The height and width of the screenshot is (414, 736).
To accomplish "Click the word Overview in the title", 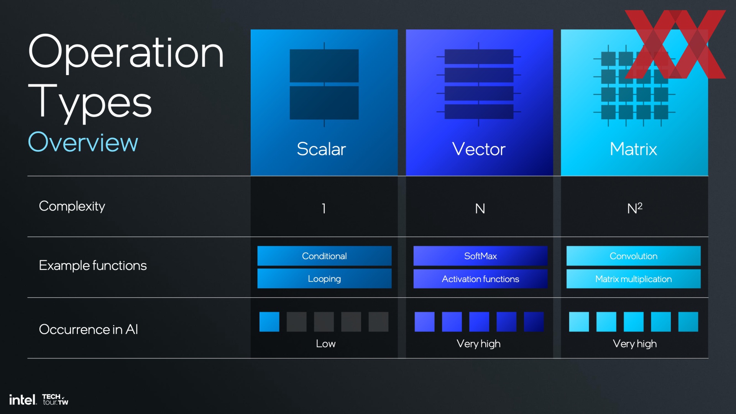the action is (x=83, y=142).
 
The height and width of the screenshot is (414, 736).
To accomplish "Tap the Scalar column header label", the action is (x=321, y=149).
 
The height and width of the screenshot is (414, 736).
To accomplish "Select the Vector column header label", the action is (x=479, y=149).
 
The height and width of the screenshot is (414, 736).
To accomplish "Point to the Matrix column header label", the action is (x=633, y=149).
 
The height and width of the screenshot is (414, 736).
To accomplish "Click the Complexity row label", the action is (x=72, y=207).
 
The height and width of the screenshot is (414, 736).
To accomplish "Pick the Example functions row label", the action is (x=93, y=265).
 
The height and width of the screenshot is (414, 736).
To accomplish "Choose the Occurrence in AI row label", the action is (x=89, y=329).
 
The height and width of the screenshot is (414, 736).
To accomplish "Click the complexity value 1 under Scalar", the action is (x=324, y=209).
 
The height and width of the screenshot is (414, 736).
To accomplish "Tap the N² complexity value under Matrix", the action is (x=635, y=208).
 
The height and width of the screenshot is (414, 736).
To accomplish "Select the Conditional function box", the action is (x=324, y=256).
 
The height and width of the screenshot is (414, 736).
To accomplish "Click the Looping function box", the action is (x=324, y=279).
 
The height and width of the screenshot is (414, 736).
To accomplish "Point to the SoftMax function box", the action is (x=480, y=256).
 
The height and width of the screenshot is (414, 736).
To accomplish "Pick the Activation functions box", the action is (x=480, y=279).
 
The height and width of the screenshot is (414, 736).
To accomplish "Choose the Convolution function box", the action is (x=633, y=256).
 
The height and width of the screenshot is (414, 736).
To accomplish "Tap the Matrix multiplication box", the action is (x=633, y=279).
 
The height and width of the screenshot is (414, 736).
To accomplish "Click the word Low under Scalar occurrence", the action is (x=325, y=343).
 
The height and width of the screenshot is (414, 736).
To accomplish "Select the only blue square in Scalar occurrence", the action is (x=269, y=322).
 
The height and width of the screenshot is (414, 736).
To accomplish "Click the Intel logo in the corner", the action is (x=23, y=400).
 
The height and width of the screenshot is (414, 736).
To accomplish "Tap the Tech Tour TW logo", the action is (x=55, y=399).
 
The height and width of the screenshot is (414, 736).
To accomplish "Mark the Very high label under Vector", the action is (x=478, y=344).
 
